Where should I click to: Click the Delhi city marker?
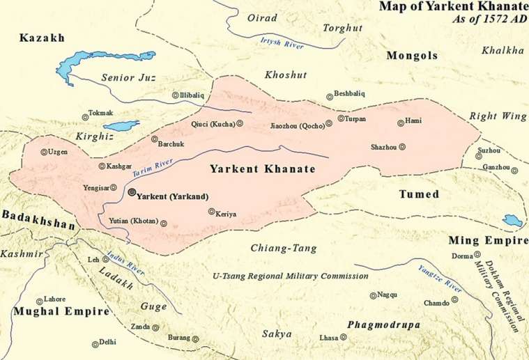[x=95, y=343]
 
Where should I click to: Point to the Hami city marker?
[x=400, y=123]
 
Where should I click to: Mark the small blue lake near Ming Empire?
[x=513, y=221]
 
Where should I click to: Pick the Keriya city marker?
[x=210, y=211]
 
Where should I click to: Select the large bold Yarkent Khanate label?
[x=263, y=169]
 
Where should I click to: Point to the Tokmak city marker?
[x=86, y=116]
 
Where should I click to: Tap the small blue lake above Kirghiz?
[x=121, y=127]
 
